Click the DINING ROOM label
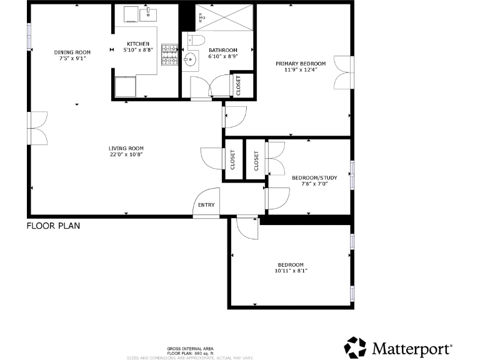pos(72,52)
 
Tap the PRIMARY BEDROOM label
pos(301,63)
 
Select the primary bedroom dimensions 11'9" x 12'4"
pos(301,70)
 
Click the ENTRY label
pos(206,205)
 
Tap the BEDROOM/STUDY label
pos(314,177)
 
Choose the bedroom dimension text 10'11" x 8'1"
pos(291,271)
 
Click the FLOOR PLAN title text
pos(53,226)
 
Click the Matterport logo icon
pos(356,346)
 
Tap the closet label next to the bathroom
pos(238,85)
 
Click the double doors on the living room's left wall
pos(37,128)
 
